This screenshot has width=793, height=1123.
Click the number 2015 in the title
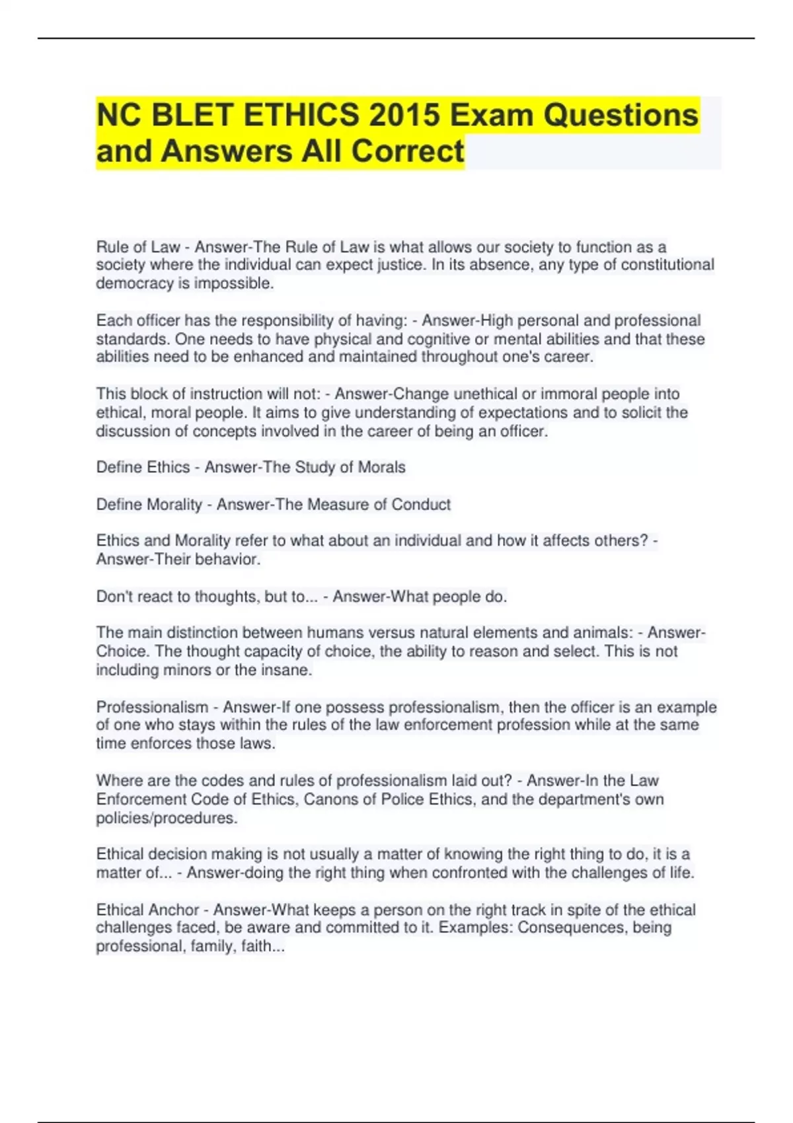tap(404, 115)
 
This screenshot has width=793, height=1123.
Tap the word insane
tap(287, 670)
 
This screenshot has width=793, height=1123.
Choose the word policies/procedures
tap(167, 818)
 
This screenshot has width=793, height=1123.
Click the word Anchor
tap(174, 910)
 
